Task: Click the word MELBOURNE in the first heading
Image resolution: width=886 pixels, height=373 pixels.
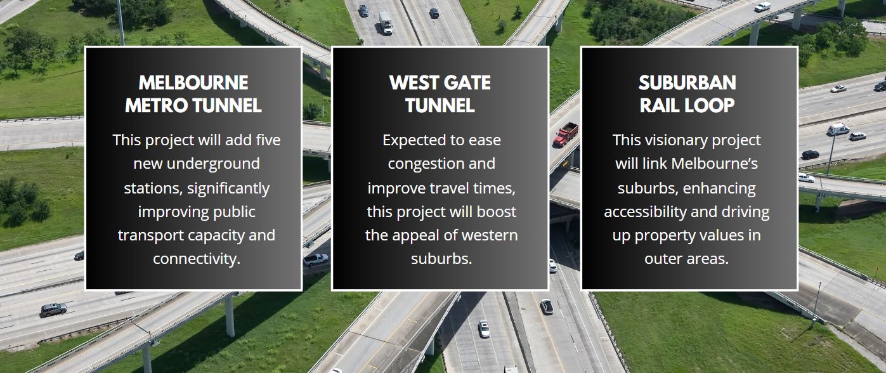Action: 193,82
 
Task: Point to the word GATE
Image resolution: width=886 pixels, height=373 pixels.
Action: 467,82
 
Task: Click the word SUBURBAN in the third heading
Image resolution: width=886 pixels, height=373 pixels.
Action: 687,82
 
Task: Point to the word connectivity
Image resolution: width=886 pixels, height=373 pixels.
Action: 197,259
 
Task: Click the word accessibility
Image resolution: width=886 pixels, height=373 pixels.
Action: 645,212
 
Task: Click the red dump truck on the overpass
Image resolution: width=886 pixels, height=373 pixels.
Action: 566,134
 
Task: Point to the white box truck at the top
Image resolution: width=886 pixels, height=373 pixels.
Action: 385,23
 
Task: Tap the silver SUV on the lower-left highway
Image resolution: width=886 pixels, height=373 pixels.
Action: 54,310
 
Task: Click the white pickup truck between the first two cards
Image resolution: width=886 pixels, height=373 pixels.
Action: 316,259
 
